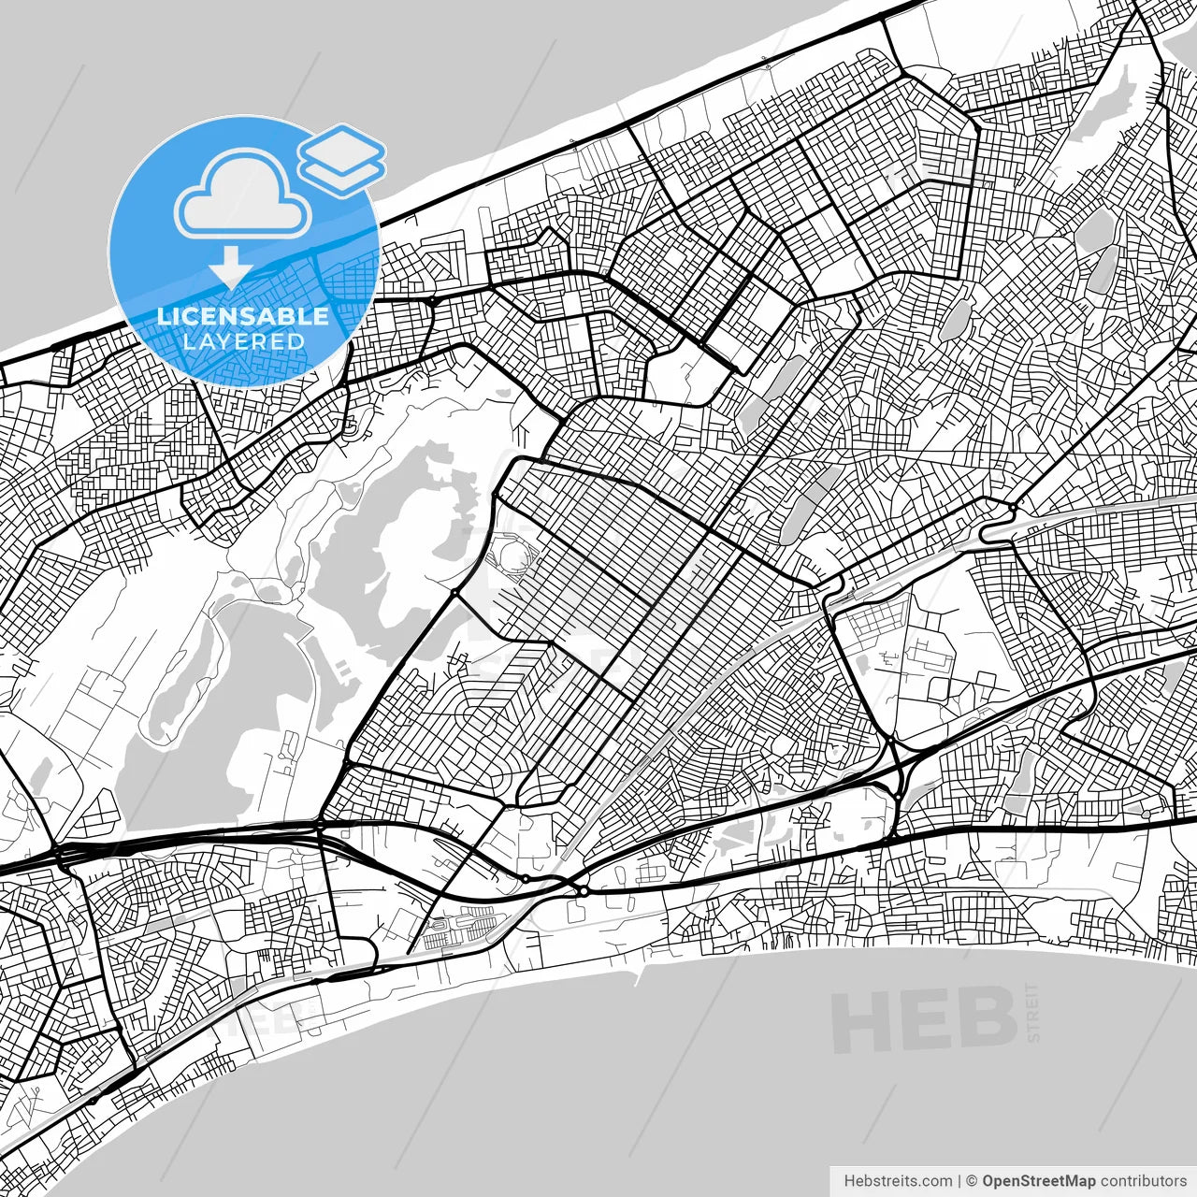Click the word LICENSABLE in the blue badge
pos(243,316)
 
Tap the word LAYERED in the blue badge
pos(243,342)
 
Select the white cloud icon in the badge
pos(243,195)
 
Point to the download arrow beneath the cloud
pos(230,267)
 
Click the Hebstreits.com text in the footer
pos(897,1181)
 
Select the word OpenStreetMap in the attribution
pos(1038,1181)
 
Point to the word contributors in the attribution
pos(1143,1181)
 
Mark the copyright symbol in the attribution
pos(971,1181)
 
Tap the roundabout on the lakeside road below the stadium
pos(454,592)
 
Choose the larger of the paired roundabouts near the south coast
pos(584,891)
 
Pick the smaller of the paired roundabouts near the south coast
pos(526,878)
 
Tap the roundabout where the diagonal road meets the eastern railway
pos(1013,508)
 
